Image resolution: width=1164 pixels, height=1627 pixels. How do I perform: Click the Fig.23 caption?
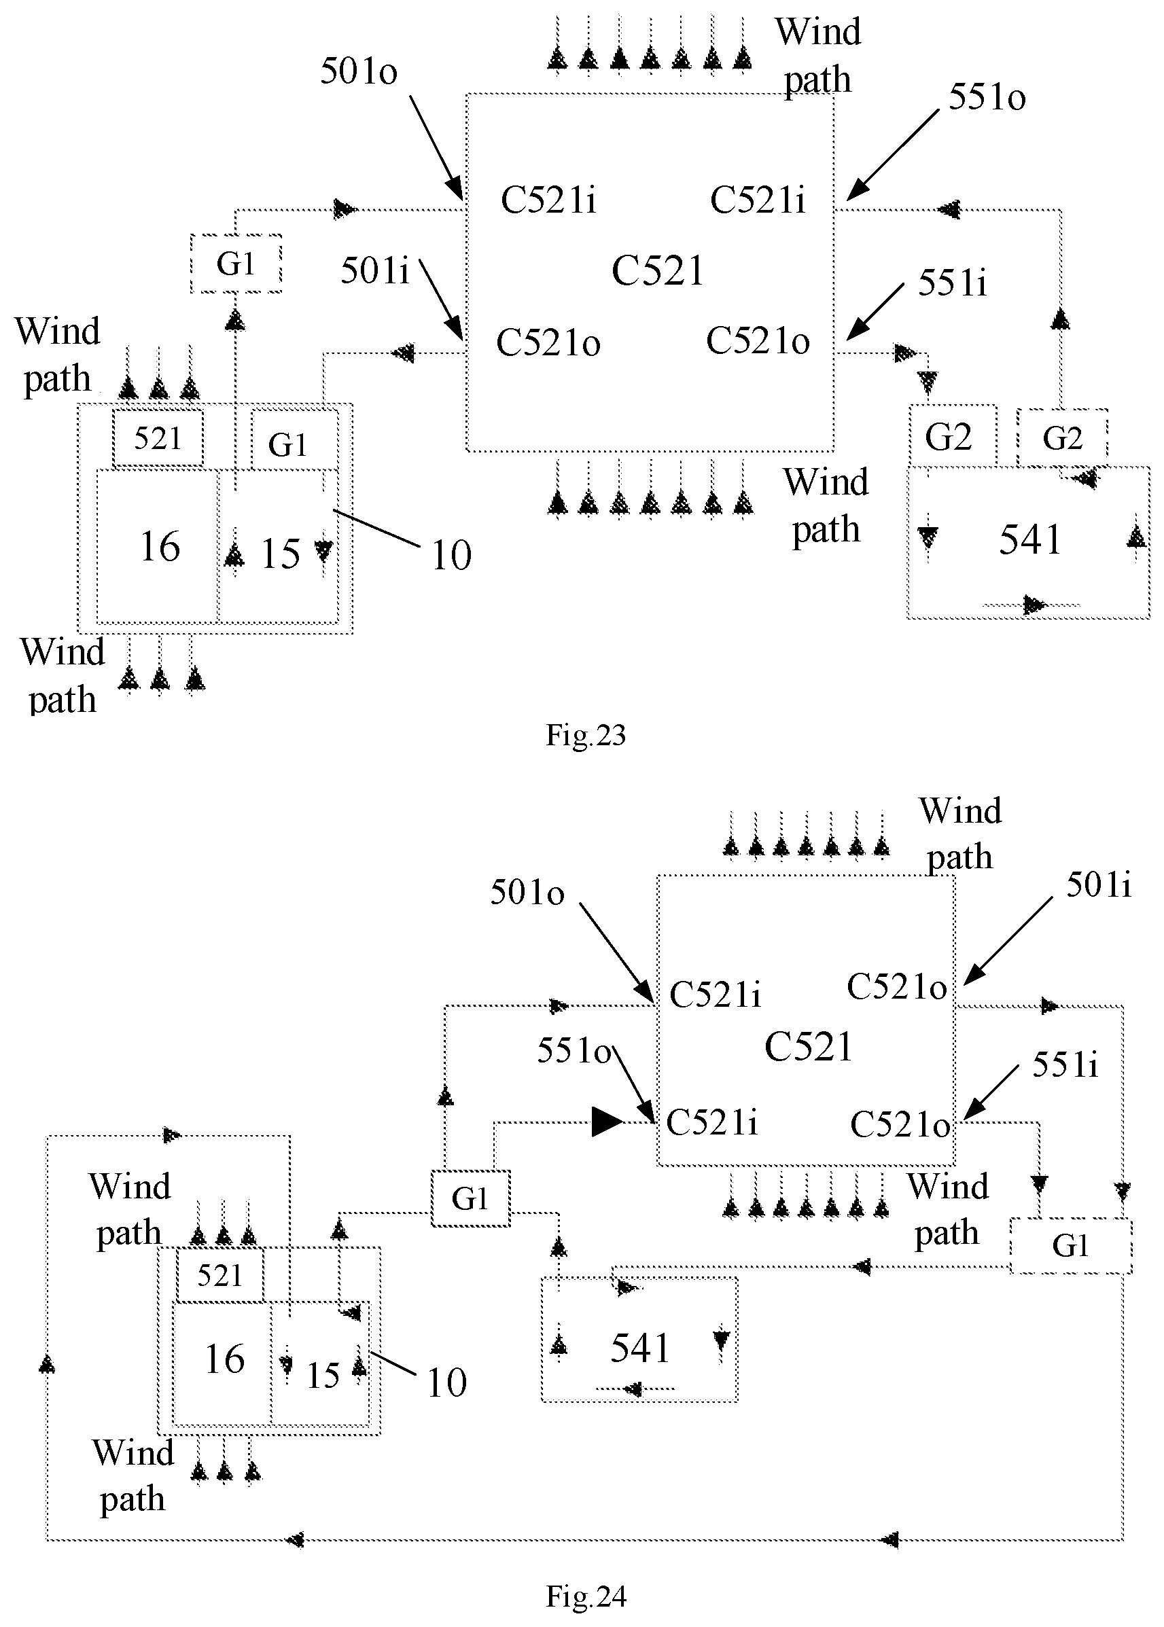[586, 735]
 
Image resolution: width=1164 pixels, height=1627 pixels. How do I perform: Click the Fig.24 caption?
[586, 1596]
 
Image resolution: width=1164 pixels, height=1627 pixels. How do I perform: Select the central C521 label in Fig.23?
[658, 271]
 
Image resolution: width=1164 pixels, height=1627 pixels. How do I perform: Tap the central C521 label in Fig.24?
[808, 1047]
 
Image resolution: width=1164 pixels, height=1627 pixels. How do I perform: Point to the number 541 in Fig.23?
[1030, 539]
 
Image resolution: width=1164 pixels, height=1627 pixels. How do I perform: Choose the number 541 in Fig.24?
[640, 1348]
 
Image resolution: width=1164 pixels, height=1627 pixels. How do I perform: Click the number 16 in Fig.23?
[160, 547]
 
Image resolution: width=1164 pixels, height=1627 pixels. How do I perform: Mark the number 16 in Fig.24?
[224, 1359]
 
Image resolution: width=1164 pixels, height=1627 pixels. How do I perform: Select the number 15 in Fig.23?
[280, 554]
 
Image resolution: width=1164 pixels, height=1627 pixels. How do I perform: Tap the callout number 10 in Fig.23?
[451, 555]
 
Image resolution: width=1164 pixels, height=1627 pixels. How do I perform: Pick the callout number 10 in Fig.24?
[446, 1382]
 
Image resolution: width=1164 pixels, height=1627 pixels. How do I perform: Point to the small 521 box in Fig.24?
[220, 1275]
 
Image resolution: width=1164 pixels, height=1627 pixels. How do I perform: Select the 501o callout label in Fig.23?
[358, 71]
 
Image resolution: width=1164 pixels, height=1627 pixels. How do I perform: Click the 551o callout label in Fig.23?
[987, 96]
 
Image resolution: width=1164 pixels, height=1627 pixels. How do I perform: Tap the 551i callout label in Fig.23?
[953, 283]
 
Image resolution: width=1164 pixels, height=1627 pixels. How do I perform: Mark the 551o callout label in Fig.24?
[574, 1051]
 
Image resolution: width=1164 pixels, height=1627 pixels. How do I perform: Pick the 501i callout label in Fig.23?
[375, 271]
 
